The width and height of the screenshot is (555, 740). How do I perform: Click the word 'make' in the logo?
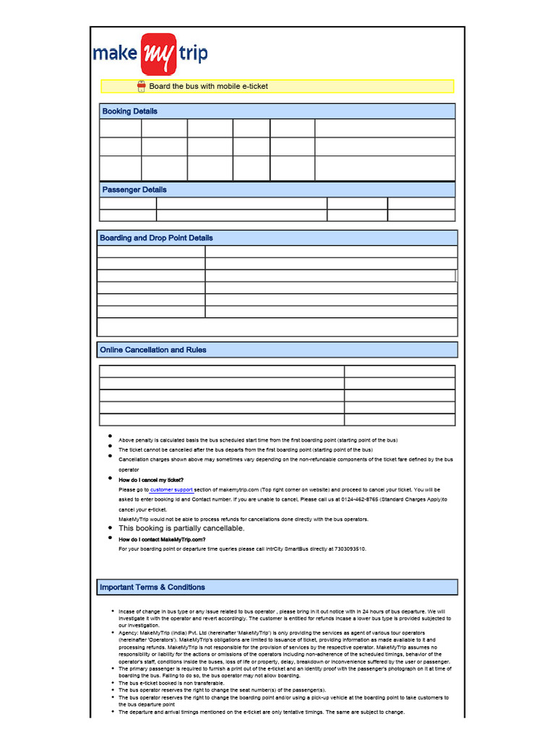(116, 53)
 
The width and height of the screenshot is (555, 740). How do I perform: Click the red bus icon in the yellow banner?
(142, 86)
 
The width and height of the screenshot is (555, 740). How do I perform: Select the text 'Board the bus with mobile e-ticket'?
(208, 86)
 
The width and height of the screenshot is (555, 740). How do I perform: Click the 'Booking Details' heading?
(129, 111)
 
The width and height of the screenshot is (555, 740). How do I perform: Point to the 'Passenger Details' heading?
(134, 189)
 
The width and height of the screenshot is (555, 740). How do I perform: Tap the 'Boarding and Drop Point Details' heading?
(156, 238)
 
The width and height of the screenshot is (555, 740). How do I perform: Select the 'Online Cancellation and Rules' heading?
(152, 350)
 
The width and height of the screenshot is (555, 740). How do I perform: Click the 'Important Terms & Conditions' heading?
(152, 588)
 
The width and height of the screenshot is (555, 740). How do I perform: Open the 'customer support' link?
(171, 489)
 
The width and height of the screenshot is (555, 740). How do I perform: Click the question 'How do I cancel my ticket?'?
(151, 480)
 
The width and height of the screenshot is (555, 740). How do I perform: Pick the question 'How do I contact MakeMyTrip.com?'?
(162, 539)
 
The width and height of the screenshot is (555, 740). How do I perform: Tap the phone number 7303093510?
(349, 548)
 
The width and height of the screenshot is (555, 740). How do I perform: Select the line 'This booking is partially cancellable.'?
(181, 528)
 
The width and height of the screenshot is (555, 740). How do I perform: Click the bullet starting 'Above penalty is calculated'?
(257, 440)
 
